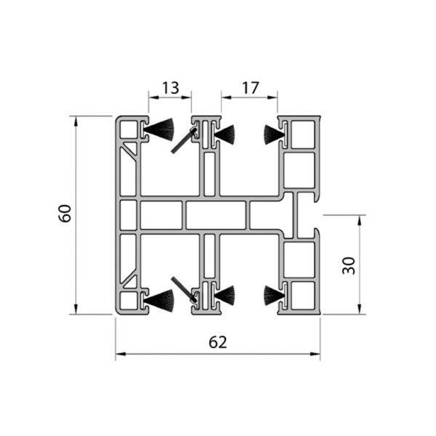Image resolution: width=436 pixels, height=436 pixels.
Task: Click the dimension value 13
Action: (170, 88)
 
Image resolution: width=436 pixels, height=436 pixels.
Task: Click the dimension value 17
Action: (250, 88)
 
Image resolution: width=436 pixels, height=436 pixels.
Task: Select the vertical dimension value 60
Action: (65, 213)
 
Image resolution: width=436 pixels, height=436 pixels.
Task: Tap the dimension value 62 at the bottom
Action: (218, 342)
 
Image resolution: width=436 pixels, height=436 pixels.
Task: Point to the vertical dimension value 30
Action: (349, 266)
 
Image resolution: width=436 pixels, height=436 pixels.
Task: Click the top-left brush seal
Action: (158, 129)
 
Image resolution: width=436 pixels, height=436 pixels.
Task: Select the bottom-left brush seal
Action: (158, 300)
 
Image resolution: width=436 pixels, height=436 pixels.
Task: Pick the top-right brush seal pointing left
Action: (274, 135)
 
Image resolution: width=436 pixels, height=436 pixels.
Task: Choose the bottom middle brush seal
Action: (225, 295)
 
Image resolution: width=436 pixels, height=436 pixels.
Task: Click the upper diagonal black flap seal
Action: (184, 140)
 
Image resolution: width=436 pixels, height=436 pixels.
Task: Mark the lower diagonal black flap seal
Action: (184, 289)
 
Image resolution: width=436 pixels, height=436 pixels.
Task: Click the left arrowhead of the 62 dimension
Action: (121, 354)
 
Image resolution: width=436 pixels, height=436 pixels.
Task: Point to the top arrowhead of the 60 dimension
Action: (76, 121)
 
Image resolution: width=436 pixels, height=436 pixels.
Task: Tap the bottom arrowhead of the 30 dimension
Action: (360, 309)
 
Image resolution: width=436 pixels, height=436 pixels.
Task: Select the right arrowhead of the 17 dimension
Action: (272, 97)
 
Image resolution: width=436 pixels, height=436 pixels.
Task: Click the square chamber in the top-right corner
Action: (302, 134)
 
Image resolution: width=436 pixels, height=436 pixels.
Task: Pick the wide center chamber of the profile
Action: (216, 215)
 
